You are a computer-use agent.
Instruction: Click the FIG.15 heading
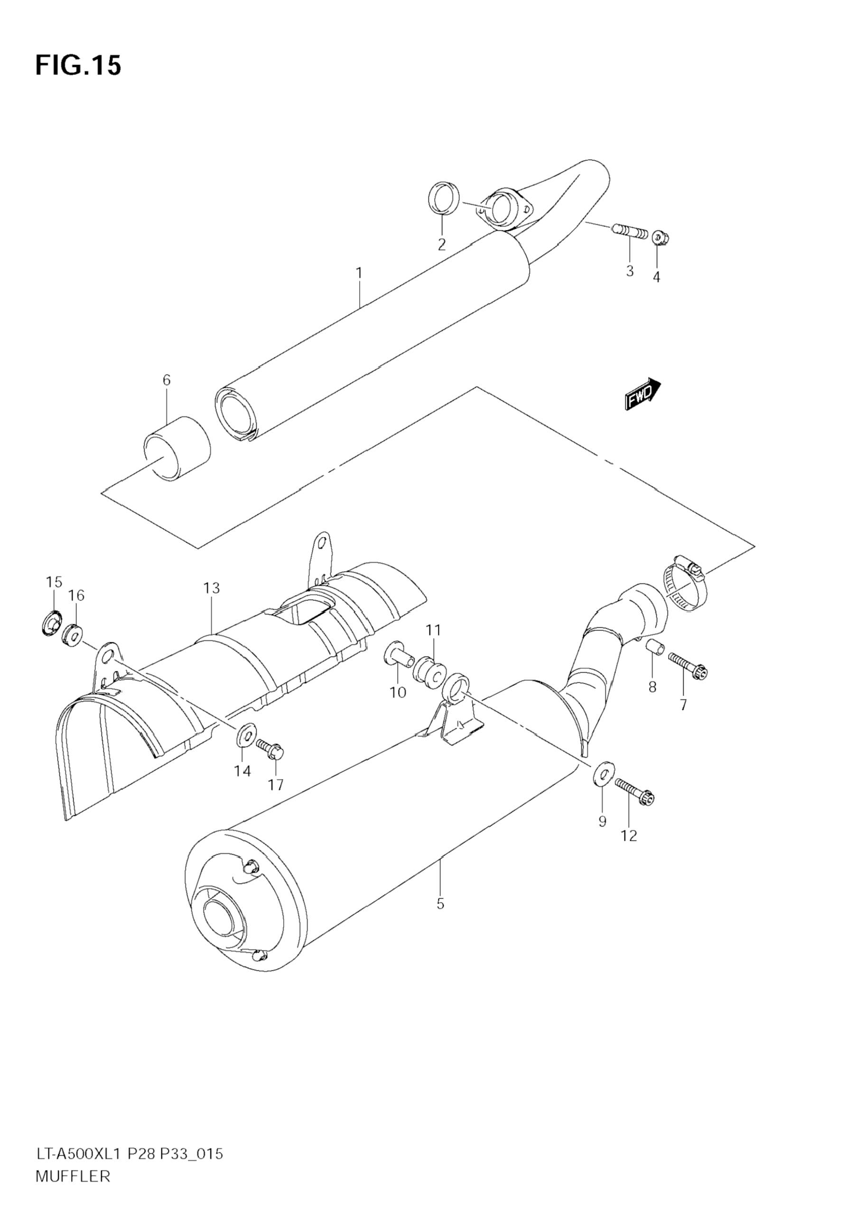coord(78,66)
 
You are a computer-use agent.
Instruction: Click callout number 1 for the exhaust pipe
coord(359,273)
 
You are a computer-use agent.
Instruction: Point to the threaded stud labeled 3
coord(629,231)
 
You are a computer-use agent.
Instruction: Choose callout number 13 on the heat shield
coord(211,588)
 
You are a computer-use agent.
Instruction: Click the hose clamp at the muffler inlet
coord(684,587)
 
